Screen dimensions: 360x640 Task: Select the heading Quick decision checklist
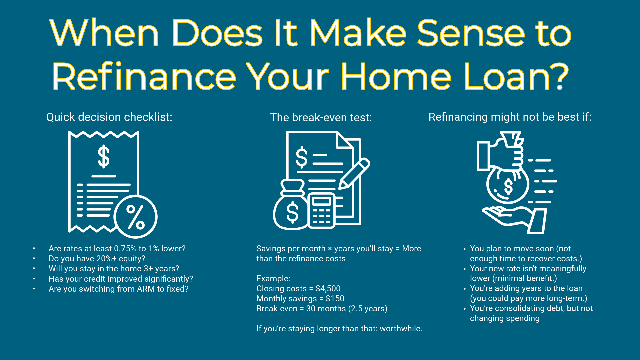[109, 117]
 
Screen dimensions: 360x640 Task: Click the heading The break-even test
[321, 117]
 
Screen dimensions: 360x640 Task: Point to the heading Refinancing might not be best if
[510, 117]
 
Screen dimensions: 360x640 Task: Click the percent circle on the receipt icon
[135, 217]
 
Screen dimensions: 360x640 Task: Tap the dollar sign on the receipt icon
[104, 156]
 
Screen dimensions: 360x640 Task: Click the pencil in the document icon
[354, 174]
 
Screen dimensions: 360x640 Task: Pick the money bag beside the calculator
[291, 208]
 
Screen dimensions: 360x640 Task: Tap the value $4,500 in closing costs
[328, 289]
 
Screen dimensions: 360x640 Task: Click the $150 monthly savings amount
[335, 299]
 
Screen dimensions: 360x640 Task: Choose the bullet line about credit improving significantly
[121, 279]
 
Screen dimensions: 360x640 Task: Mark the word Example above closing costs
[273, 279]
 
